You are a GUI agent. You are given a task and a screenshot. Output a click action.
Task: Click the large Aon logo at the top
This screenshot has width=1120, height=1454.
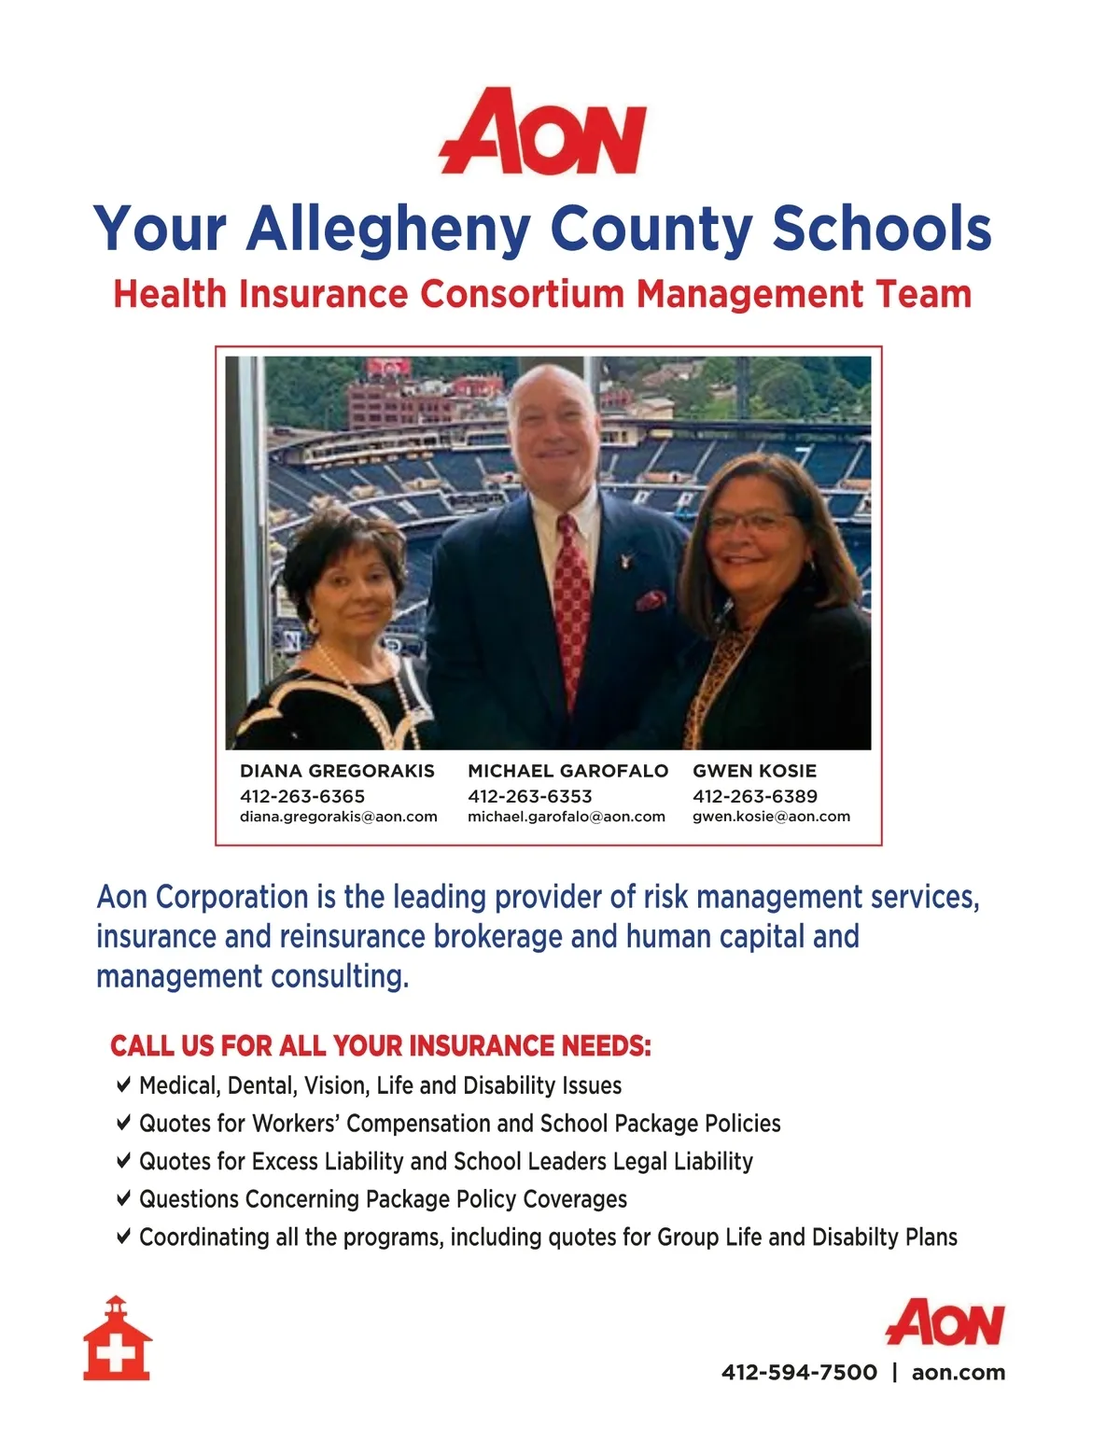coord(543,132)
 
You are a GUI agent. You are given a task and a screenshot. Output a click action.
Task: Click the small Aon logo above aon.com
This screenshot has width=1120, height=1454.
coord(945,1322)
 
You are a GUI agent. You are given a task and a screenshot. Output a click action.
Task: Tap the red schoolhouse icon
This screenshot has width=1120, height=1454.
coord(118,1339)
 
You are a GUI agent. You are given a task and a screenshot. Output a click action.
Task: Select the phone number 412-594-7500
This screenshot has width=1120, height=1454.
coord(799,1372)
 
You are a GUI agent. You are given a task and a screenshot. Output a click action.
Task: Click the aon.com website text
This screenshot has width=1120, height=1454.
coord(959,1372)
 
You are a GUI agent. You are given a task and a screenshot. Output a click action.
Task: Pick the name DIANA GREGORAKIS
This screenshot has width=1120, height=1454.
coord(337,771)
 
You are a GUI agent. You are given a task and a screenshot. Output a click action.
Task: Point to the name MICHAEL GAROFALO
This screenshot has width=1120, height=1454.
coord(567,771)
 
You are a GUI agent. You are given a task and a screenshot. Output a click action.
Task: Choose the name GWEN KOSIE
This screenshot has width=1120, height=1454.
coord(754,771)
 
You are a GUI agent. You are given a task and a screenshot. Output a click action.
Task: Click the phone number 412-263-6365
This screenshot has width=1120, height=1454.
coord(302,796)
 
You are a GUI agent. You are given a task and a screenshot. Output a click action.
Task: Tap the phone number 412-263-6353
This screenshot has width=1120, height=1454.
coord(529,796)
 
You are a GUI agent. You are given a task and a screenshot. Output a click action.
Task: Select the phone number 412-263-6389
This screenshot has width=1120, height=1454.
coord(754,796)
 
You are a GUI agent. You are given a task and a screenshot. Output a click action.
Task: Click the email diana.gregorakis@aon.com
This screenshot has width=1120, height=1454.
coord(338,817)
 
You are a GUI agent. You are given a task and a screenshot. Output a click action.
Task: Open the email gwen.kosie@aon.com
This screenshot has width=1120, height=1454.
coord(771,817)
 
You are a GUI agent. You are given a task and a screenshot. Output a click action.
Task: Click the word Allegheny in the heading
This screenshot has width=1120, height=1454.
coord(388,230)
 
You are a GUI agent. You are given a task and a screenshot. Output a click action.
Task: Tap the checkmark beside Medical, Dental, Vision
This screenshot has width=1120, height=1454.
coord(123,1084)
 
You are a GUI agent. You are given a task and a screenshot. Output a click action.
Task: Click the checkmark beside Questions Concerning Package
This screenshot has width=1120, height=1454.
coord(123,1197)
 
